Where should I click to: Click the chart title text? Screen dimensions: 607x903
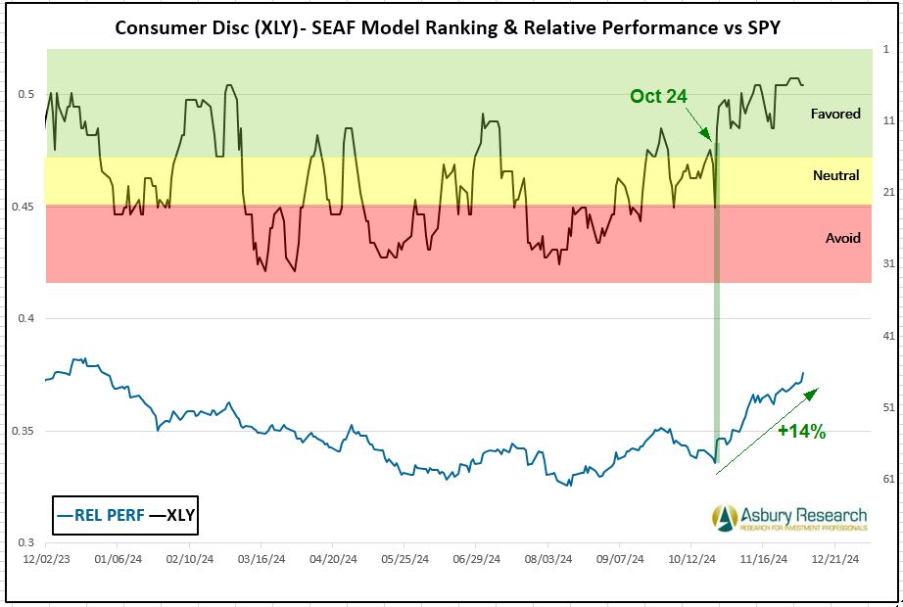(448, 26)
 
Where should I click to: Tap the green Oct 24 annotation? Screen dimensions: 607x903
(658, 96)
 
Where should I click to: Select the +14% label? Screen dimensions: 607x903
(802, 431)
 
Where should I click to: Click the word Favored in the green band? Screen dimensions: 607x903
(835, 114)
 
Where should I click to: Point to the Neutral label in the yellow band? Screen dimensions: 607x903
(835, 176)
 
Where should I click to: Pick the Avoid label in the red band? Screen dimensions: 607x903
(842, 238)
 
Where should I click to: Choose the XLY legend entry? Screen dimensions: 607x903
(170, 515)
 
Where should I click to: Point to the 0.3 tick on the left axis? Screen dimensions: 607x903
(26, 542)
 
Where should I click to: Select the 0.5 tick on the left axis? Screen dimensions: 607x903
(26, 94)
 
